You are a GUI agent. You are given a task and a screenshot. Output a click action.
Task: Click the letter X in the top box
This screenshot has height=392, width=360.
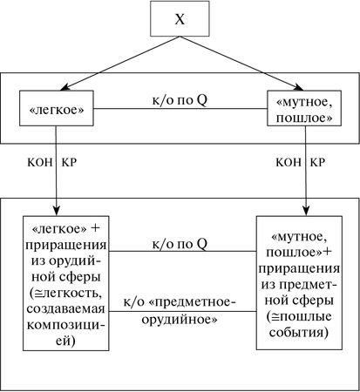coord(180,18)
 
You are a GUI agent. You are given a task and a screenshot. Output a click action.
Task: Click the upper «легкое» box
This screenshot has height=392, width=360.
coord(57,111)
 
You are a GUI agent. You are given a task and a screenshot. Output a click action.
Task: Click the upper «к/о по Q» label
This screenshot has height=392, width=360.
coord(180,100)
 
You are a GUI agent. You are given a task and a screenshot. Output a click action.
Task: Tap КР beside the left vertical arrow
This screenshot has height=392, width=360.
coord(71,163)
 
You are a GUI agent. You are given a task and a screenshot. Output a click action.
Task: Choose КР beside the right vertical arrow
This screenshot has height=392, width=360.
coord(321,163)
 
